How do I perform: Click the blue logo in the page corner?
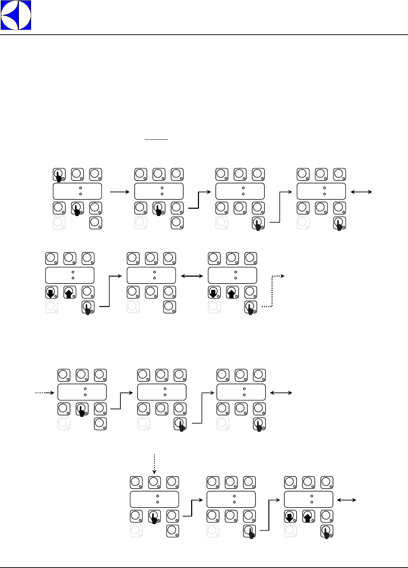[16, 15]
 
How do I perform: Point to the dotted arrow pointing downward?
[154, 464]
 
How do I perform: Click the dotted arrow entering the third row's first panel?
[44, 393]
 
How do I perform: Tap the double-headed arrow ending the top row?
[362, 192]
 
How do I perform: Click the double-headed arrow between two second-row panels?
[192, 276]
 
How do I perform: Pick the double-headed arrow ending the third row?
[281, 393]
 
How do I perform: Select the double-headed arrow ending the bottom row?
[347, 500]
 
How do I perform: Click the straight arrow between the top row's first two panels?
[120, 192]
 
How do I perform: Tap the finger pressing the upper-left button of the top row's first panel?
[59, 176]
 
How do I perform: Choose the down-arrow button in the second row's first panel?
[51, 292]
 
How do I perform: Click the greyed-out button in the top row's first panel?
[59, 223]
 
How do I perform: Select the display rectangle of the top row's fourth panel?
[321, 191]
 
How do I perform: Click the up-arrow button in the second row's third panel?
[232, 292]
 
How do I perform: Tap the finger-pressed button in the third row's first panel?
[82, 409]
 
